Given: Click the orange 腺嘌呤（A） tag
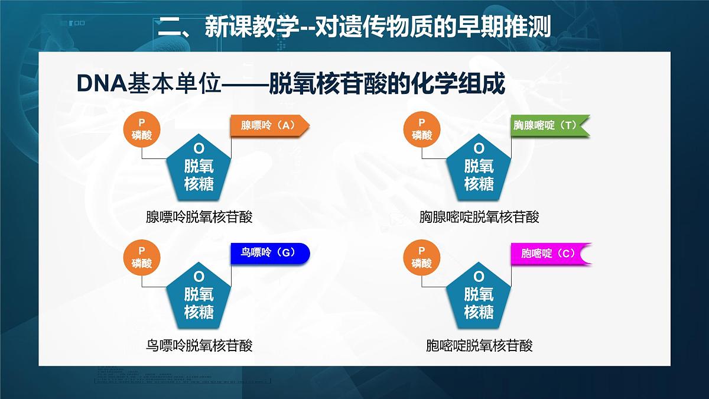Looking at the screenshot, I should (x=269, y=125).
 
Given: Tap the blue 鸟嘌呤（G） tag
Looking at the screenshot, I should (x=269, y=253).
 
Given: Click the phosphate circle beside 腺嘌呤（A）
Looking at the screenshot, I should (x=142, y=129).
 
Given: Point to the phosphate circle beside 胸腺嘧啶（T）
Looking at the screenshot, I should (x=422, y=129).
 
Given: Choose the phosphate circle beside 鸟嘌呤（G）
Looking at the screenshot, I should (x=142, y=257).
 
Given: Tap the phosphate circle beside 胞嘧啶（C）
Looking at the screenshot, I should (x=422, y=257).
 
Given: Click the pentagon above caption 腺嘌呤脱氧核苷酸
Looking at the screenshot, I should (x=199, y=170).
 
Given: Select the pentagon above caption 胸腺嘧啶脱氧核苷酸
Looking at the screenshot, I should (x=479, y=170).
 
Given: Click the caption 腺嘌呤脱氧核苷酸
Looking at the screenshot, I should (x=199, y=217).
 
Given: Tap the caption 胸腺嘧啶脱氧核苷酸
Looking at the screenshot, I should (x=479, y=217).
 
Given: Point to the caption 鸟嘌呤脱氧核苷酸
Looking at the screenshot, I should (x=199, y=345).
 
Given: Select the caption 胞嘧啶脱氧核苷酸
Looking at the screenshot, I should (x=479, y=345).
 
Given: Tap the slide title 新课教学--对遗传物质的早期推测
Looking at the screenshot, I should (x=354, y=27).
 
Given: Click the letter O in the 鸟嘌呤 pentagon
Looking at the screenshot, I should (x=199, y=276).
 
